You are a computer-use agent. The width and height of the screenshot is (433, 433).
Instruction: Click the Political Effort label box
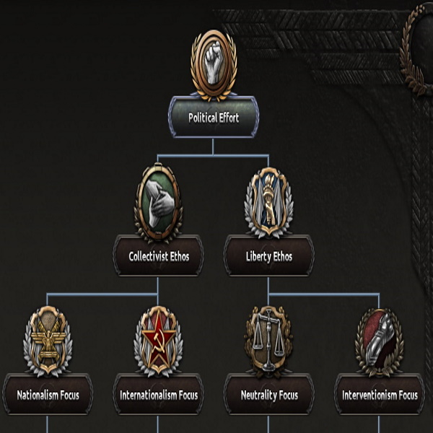[x=213, y=117]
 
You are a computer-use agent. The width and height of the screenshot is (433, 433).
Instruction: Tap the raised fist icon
[x=213, y=64]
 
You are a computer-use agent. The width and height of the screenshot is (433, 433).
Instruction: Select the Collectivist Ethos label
[x=158, y=255]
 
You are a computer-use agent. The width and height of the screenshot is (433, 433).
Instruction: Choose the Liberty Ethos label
[x=268, y=255]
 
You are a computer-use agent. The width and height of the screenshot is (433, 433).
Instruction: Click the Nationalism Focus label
[x=48, y=395]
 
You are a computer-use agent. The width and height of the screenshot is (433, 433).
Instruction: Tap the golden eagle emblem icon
[x=48, y=341]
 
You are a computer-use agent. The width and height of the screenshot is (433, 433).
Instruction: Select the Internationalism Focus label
[x=158, y=395]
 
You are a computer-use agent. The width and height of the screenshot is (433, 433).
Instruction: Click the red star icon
[x=158, y=341]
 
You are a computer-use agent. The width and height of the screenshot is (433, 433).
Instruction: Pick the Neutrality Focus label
[x=268, y=395]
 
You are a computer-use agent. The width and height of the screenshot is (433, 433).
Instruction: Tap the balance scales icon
[x=268, y=341]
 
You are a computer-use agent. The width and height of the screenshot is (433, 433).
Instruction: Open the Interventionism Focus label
[x=379, y=395]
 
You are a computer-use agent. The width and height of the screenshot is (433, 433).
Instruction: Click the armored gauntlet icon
[x=379, y=341]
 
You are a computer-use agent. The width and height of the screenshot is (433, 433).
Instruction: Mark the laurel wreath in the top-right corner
[x=417, y=43]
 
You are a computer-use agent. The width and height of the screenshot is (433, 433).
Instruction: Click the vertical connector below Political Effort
[x=213, y=146]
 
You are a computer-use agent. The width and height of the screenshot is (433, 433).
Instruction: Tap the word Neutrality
[x=258, y=395]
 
